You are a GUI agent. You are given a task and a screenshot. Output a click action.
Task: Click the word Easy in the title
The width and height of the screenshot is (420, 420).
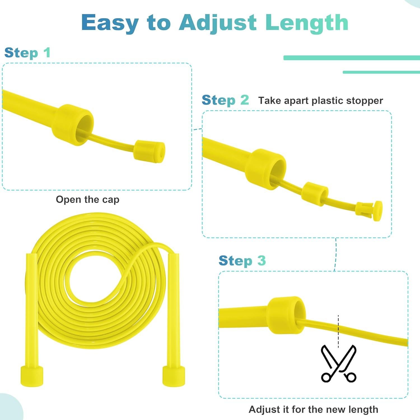point(110,23)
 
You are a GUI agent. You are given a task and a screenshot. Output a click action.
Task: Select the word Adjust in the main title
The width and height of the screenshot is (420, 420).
point(218,23)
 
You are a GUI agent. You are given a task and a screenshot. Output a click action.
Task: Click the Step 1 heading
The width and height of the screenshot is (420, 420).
point(27,53)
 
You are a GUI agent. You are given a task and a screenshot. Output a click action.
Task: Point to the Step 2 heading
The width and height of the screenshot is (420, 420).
point(225,100)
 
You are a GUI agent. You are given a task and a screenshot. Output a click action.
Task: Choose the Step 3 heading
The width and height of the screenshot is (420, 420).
point(242,261)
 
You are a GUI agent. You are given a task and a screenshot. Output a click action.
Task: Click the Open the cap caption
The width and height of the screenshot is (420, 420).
point(87,200)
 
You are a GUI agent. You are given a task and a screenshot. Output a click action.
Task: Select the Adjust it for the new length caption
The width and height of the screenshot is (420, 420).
point(313,409)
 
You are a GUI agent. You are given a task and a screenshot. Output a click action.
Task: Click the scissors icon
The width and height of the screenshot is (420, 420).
point(339,363)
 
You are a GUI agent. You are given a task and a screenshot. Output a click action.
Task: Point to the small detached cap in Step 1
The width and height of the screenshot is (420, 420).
point(149,150)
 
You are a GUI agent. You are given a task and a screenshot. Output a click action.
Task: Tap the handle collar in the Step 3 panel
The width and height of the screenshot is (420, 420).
point(286,315)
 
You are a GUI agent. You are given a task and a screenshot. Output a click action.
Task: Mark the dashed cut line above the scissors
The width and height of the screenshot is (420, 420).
point(338,330)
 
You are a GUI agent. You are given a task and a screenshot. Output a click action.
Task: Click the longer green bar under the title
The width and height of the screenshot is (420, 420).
point(351,58)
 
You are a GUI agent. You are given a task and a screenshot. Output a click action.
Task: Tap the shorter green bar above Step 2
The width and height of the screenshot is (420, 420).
point(381,72)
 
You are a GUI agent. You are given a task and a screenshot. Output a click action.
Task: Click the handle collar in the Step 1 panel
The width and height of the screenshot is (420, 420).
point(72,125)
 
